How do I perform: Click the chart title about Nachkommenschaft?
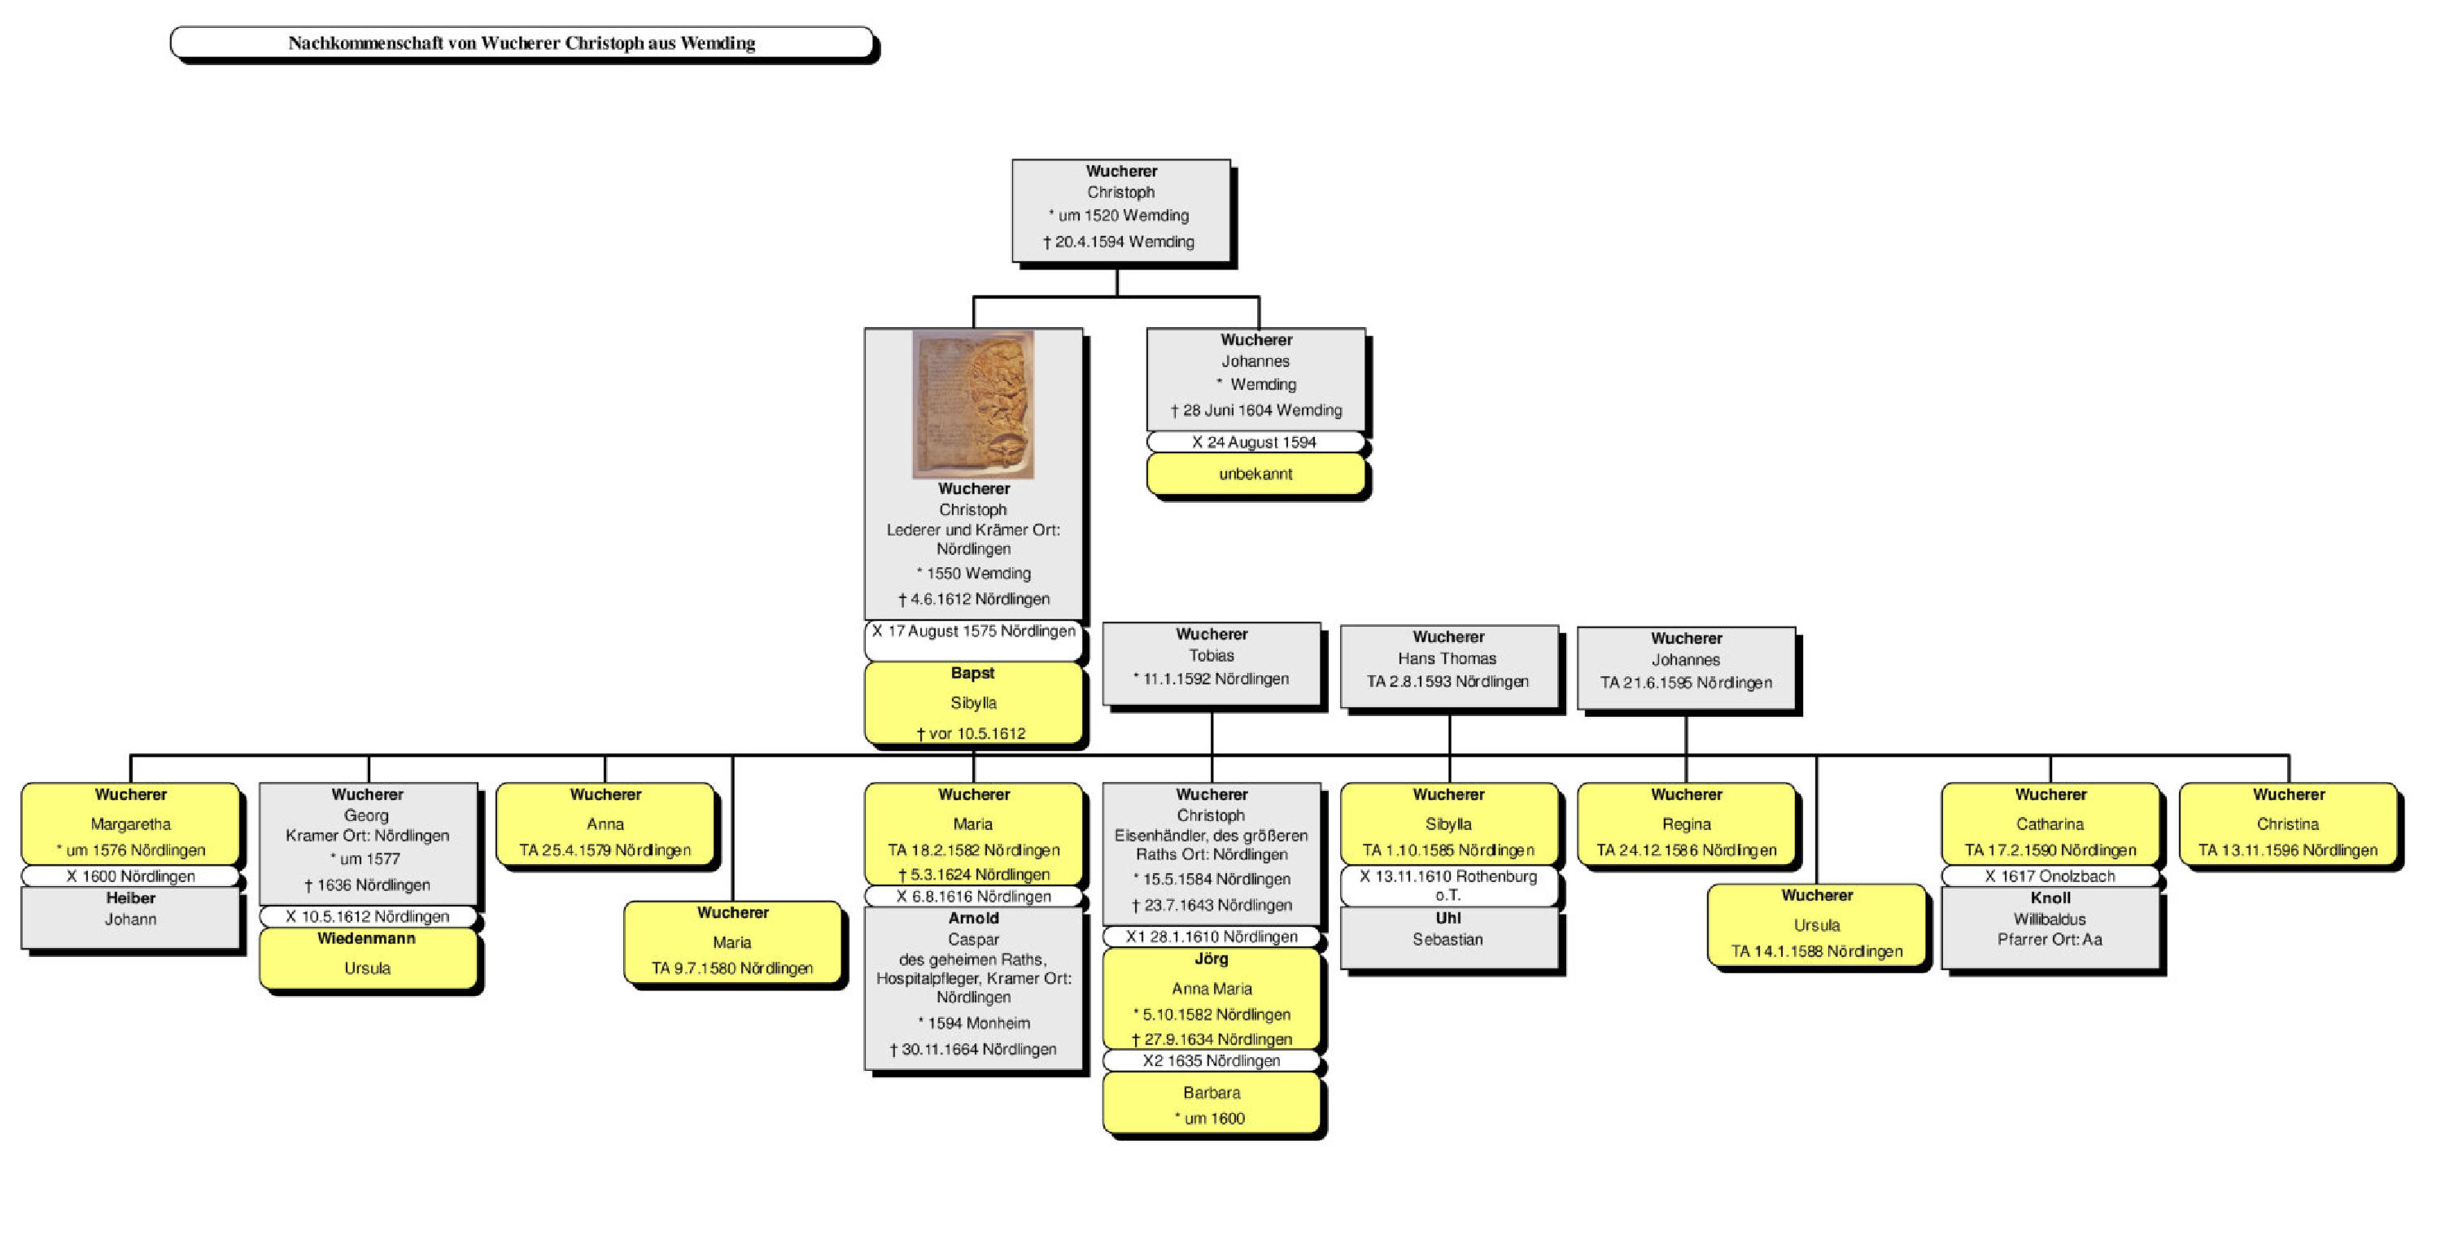(522, 42)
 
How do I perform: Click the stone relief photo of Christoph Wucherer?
(972, 404)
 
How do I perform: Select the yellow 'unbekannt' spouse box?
(1255, 474)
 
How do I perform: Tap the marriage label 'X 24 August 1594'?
(1255, 443)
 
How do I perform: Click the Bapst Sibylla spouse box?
(972, 703)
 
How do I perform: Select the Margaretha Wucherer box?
(130, 823)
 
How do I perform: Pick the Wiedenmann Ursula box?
(367, 957)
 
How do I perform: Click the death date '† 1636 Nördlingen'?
(368, 885)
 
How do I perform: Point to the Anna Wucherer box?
(605, 823)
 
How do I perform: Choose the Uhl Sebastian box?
(1448, 936)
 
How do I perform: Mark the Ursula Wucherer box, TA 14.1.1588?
(1817, 924)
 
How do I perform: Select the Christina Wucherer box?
(2287, 823)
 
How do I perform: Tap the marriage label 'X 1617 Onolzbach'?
(2050, 876)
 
